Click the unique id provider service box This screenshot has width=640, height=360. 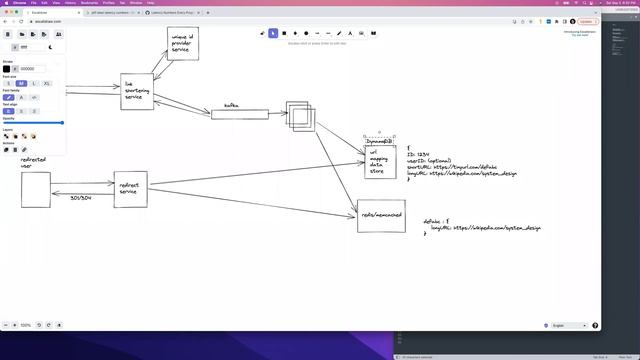(181, 44)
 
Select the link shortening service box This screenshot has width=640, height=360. (137, 91)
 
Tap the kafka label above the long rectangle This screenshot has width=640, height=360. (231, 104)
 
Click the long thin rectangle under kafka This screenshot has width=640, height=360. (240, 114)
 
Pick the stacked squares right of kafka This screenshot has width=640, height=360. (300, 116)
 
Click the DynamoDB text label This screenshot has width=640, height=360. (379, 141)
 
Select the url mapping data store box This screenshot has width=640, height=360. (379, 162)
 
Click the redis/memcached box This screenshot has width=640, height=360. (381, 215)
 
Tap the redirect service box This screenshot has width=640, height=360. (130, 188)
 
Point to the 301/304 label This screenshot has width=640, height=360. (81, 198)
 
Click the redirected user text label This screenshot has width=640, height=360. (33, 162)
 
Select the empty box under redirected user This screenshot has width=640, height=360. (36, 189)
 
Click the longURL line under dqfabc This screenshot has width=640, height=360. (486, 228)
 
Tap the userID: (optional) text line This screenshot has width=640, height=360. (430, 160)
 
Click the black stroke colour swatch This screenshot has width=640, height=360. (7, 69)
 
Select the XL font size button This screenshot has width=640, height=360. (46, 83)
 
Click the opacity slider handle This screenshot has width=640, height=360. (62, 123)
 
